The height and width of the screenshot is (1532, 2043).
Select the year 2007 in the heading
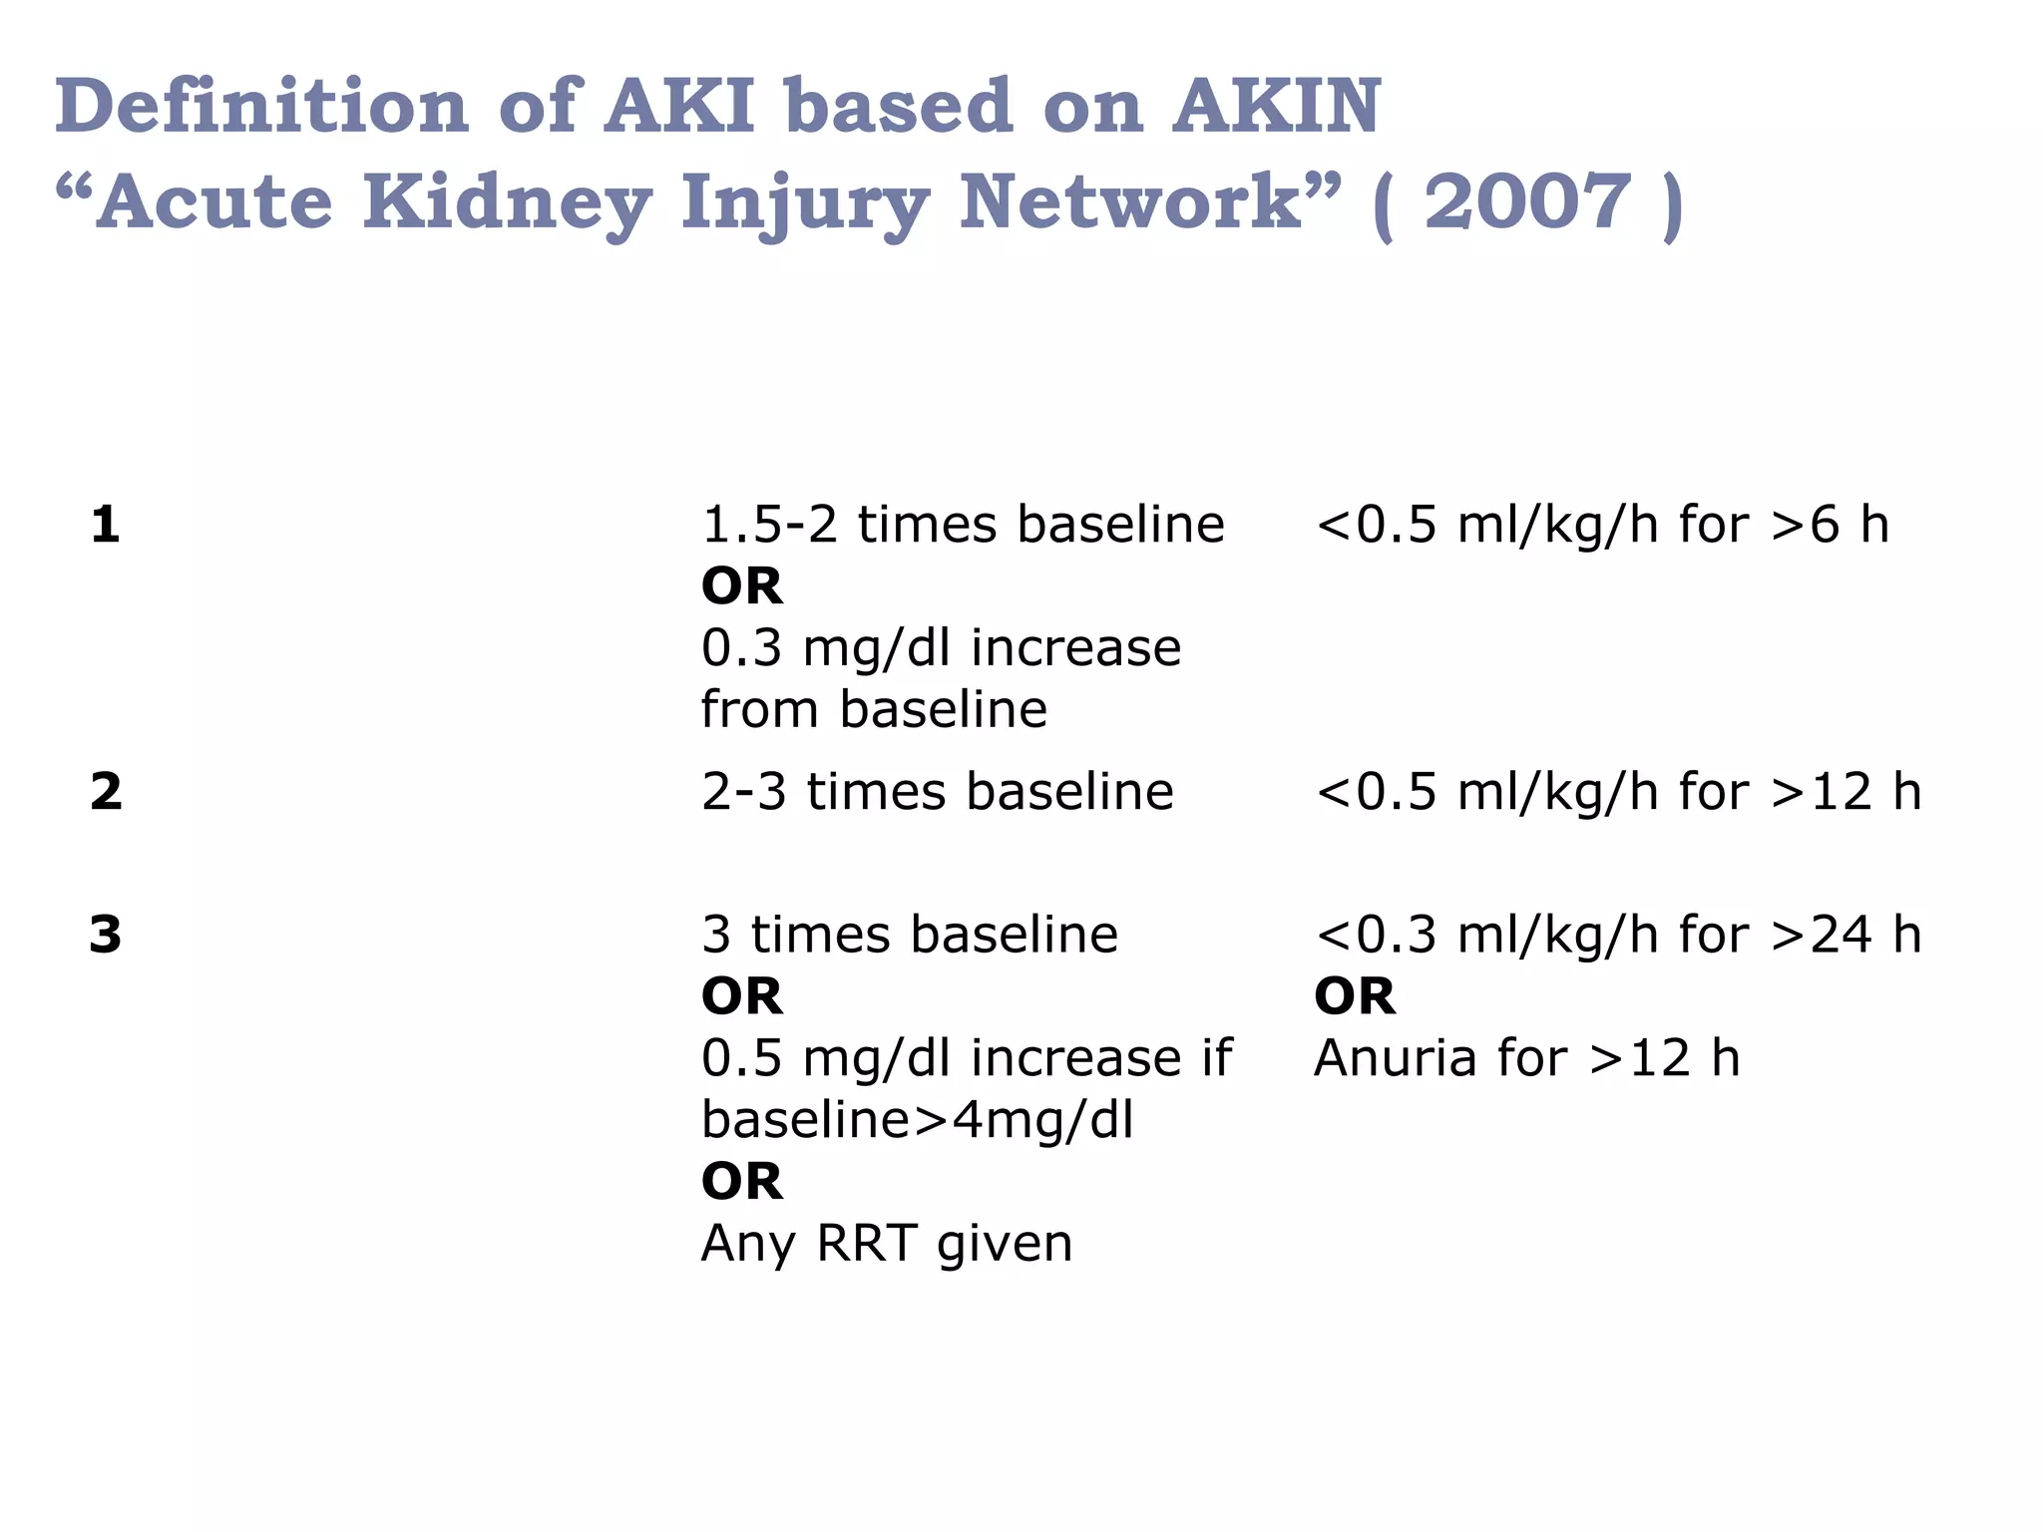point(1526,202)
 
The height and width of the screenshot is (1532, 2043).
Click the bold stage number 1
point(105,525)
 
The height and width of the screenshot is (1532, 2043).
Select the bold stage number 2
point(106,792)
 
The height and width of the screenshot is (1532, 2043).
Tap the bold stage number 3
point(105,935)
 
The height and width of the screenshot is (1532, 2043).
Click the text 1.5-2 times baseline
point(963,525)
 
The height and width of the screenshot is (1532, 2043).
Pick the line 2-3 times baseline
point(937,792)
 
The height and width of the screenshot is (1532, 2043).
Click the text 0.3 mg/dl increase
point(941,648)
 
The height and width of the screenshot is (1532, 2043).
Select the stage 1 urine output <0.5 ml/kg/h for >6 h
point(1601,525)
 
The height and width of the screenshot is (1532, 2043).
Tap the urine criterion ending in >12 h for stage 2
point(1617,792)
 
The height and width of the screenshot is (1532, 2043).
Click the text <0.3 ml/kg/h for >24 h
point(1617,935)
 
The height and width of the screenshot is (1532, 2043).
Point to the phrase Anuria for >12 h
point(1526,1058)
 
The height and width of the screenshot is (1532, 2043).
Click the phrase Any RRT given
point(886,1244)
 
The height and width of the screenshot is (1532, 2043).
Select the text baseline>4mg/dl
point(917,1120)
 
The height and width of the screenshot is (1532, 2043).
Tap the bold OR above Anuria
point(1354,996)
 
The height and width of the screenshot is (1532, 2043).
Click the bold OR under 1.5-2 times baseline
point(741,586)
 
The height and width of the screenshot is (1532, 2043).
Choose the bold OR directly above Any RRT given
point(741,1182)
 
